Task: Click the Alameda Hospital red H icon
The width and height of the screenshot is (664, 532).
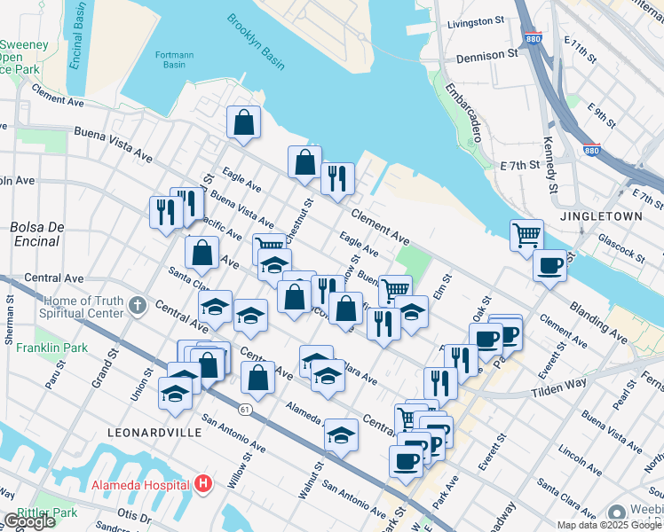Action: (x=203, y=484)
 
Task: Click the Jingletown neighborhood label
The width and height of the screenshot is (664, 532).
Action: (x=607, y=215)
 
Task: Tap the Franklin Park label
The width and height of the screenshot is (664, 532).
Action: (x=51, y=348)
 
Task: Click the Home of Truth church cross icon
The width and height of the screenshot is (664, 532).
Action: (x=136, y=306)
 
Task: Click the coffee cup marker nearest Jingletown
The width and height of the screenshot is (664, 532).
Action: (x=549, y=265)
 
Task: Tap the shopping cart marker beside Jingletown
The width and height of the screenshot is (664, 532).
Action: (x=526, y=236)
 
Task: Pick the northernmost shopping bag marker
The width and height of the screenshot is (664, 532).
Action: (x=243, y=122)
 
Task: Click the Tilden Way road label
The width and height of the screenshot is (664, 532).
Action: (x=564, y=387)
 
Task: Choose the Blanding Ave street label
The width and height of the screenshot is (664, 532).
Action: (x=623, y=329)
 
